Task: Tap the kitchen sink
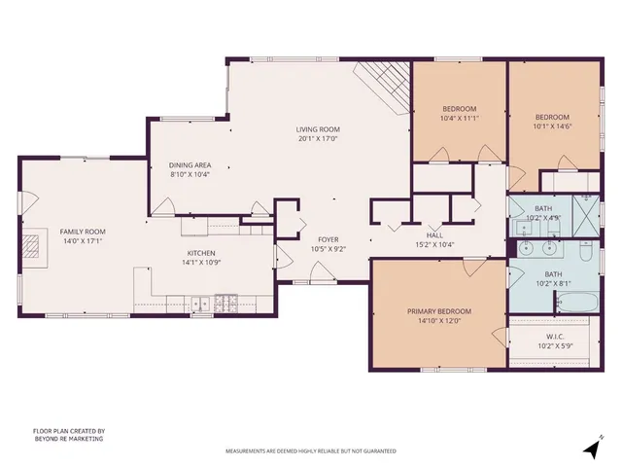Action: [202, 304]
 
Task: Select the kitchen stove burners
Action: [226, 302]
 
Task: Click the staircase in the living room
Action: [385, 86]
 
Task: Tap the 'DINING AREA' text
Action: [190, 164]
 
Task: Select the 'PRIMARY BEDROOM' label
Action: [437, 311]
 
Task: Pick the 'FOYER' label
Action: [328, 239]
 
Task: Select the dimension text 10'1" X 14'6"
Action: [552, 126]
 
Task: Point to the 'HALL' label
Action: [435, 234]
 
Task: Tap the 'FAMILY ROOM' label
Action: [83, 232]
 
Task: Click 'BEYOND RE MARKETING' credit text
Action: [68, 439]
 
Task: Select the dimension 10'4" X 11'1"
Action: [459, 117]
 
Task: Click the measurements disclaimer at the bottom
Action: [311, 451]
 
